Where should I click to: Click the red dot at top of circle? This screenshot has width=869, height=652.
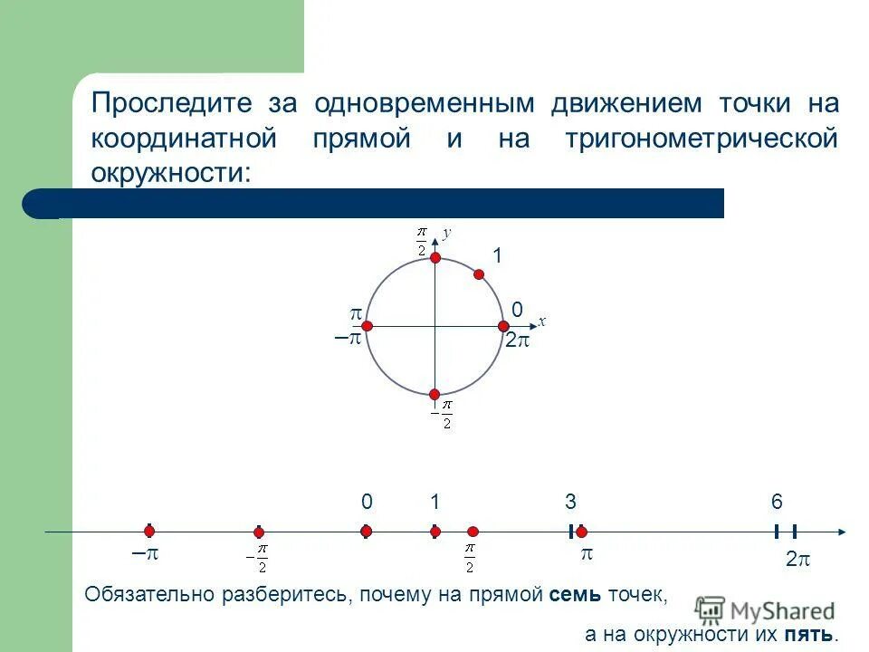click(434, 258)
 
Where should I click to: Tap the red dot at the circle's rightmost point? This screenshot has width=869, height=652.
click(502, 326)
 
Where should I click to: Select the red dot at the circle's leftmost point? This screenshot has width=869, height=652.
click(368, 326)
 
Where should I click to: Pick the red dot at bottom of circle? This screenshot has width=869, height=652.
click(434, 394)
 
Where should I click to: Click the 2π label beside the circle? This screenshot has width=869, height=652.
click(517, 342)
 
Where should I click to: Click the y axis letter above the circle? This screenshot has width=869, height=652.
click(446, 233)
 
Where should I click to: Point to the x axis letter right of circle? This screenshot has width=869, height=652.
click(541, 321)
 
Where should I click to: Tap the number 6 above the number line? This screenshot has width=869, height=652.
click(777, 503)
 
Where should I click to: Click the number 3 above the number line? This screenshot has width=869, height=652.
click(570, 503)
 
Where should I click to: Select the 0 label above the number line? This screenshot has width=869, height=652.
click(366, 503)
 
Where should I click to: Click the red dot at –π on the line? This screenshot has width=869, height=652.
click(149, 532)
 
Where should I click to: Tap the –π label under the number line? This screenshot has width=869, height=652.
click(145, 554)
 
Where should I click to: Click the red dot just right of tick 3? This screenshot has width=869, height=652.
click(581, 532)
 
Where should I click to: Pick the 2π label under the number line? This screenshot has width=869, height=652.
click(797, 561)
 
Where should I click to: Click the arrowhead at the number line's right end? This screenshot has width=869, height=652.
click(842, 532)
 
